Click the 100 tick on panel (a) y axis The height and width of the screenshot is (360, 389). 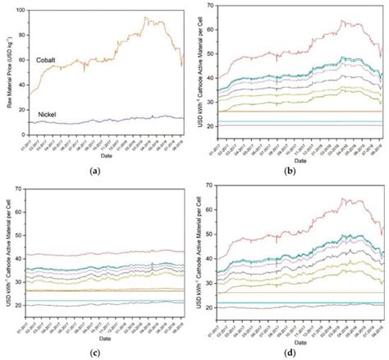[19, 11]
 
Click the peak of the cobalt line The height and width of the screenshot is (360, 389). [146, 17]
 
